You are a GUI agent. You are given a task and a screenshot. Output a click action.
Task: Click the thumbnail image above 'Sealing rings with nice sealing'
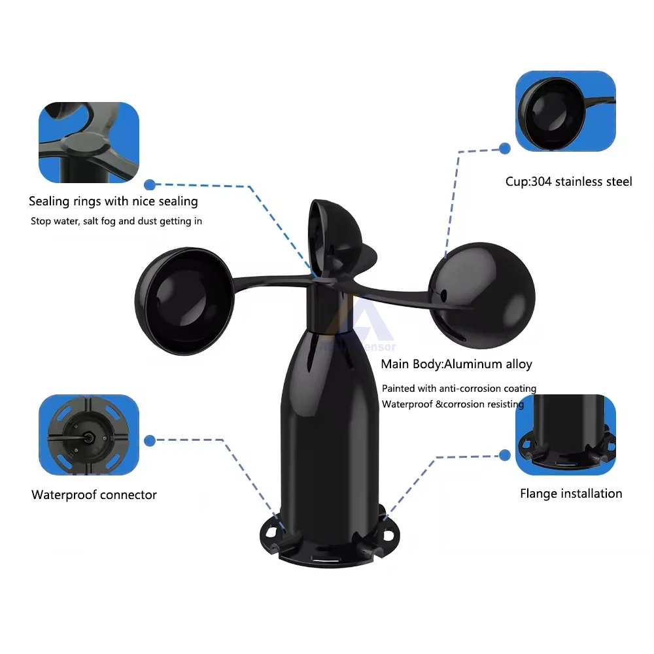pyautogui.click(x=89, y=143)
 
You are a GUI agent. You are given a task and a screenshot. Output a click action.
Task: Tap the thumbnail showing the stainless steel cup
pyautogui.click(x=566, y=112)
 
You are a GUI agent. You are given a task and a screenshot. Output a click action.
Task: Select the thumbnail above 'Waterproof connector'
pyautogui.click(x=89, y=435)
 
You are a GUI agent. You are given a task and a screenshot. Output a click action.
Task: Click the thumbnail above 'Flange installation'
pyautogui.click(x=566, y=435)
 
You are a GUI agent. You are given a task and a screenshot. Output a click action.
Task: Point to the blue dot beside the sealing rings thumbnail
pyautogui.click(x=150, y=185)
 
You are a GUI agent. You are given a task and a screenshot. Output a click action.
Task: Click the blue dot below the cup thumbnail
pyautogui.click(x=504, y=149)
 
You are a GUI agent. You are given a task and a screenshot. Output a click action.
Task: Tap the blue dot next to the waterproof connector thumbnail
pyautogui.click(x=150, y=441)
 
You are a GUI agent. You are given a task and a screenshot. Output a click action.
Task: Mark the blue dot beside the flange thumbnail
pyautogui.click(x=504, y=455)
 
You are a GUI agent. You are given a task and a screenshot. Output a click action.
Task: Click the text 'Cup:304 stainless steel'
pyautogui.click(x=568, y=182)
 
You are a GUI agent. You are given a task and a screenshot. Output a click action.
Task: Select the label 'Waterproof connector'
pyautogui.click(x=94, y=495)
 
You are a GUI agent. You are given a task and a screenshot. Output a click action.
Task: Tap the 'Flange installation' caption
pyautogui.click(x=571, y=494)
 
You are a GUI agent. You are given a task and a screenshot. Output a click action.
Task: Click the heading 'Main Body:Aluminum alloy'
pyautogui.click(x=456, y=364)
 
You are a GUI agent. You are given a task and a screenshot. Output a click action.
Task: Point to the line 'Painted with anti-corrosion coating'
pyautogui.click(x=459, y=388)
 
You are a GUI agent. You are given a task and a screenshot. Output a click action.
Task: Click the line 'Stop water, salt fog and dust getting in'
pyautogui.click(x=116, y=221)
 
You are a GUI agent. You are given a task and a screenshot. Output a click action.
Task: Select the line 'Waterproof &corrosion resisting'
pyautogui.click(x=453, y=404)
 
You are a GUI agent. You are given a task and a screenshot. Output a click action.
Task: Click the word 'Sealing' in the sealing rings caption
pyautogui.click(x=50, y=201)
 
